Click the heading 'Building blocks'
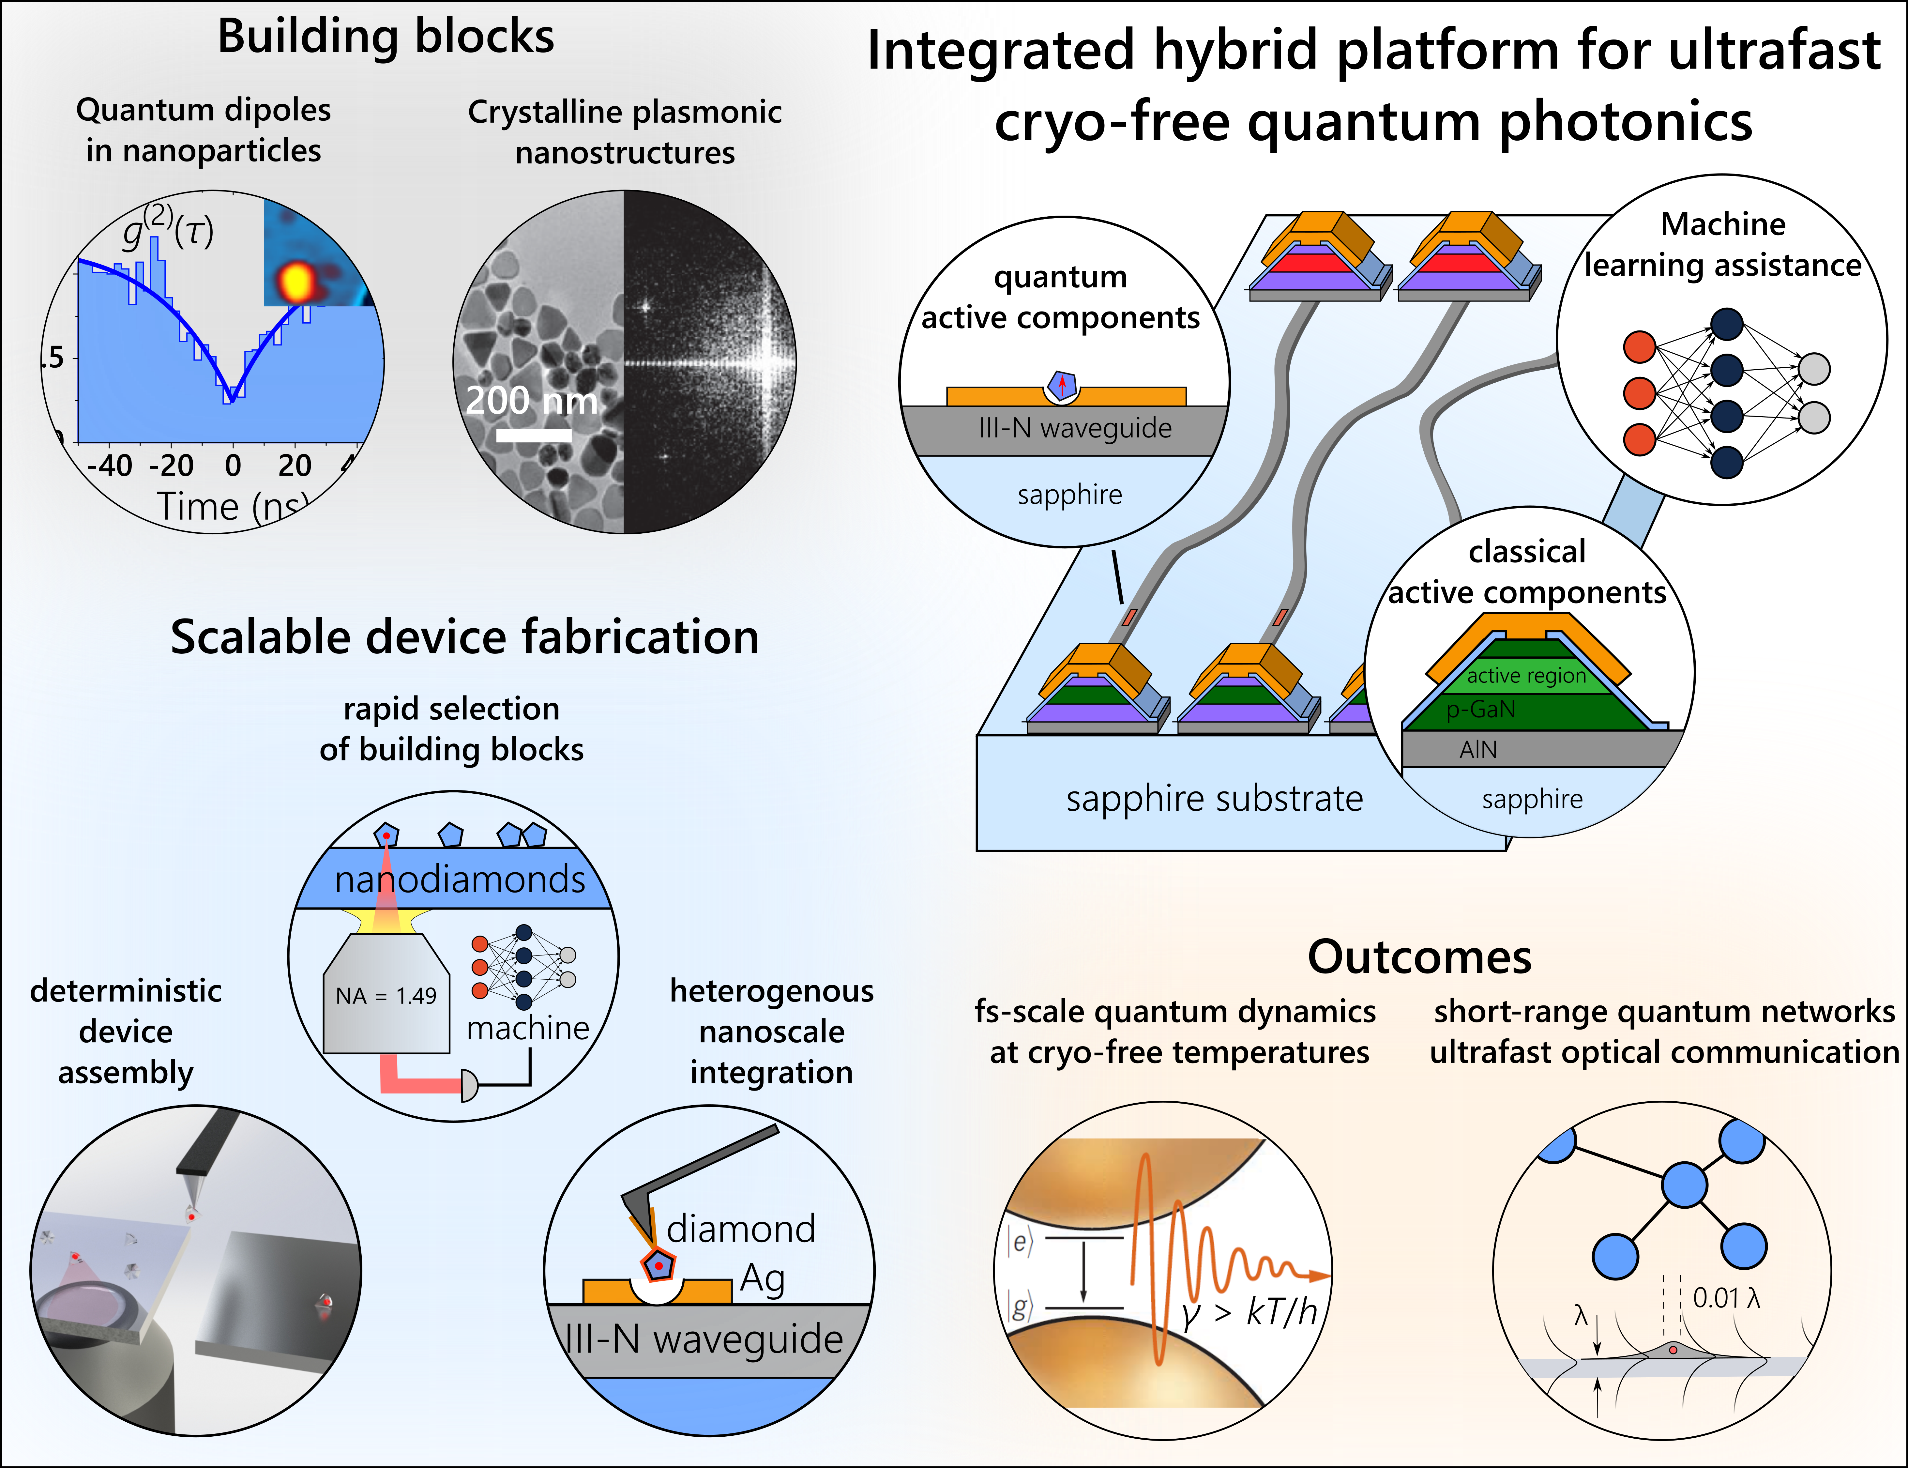coord(385,37)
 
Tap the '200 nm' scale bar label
coord(531,400)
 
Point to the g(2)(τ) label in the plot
coord(168,229)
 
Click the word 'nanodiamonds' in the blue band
coord(460,879)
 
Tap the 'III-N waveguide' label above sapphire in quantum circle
coord(1075,428)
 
